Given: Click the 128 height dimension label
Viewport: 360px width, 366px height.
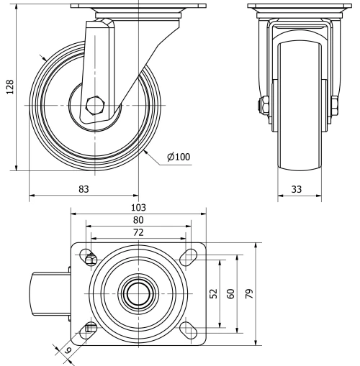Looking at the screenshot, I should tap(9, 87).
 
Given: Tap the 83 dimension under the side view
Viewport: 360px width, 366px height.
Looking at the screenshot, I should tap(83, 188).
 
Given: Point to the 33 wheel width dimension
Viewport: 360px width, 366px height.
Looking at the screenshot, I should tap(295, 188).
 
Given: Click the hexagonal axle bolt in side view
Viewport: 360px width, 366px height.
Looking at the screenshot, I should tap(95, 106).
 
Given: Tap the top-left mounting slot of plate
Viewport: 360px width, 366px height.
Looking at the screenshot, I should tap(89, 257).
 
